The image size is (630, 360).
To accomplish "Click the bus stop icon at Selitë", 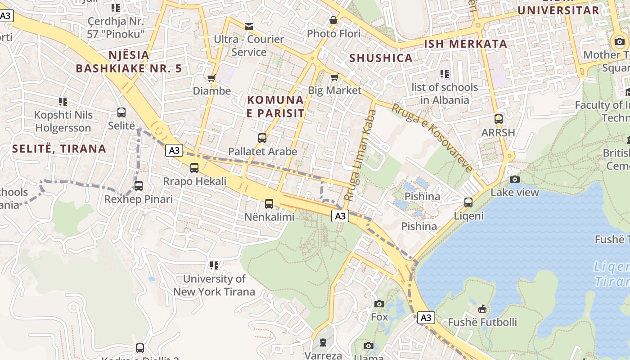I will [x=121, y=112].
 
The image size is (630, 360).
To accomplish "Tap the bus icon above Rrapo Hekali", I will [x=194, y=168].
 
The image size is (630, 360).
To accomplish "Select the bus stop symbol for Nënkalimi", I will [x=269, y=204].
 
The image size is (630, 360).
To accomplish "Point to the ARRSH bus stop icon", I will [x=499, y=119].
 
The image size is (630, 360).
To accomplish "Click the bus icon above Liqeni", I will [x=468, y=202].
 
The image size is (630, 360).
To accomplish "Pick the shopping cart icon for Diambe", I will [x=211, y=78].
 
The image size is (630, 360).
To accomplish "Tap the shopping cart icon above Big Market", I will [x=334, y=77].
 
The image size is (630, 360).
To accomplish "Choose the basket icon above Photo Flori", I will [x=333, y=20].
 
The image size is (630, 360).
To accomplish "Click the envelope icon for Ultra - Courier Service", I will [x=249, y=26].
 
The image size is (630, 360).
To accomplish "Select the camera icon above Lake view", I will [x=515, y=179].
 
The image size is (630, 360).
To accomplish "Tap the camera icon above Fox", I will [x=379, y=304].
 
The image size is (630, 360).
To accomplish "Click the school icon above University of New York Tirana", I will [x=214, y=265].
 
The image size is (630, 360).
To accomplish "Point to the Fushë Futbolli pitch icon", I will [x=482, y=309].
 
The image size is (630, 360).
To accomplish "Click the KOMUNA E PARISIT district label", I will [x=275, y=106].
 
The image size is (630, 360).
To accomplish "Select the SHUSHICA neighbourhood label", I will [x=381, y=58].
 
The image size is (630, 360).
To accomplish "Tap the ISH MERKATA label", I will [x=466, y=44].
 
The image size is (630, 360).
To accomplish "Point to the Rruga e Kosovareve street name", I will [x=432, y=138].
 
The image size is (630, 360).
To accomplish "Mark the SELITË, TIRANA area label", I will [x=59, y=148].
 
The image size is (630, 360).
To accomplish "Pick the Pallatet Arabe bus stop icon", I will [x=262, y=138].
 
